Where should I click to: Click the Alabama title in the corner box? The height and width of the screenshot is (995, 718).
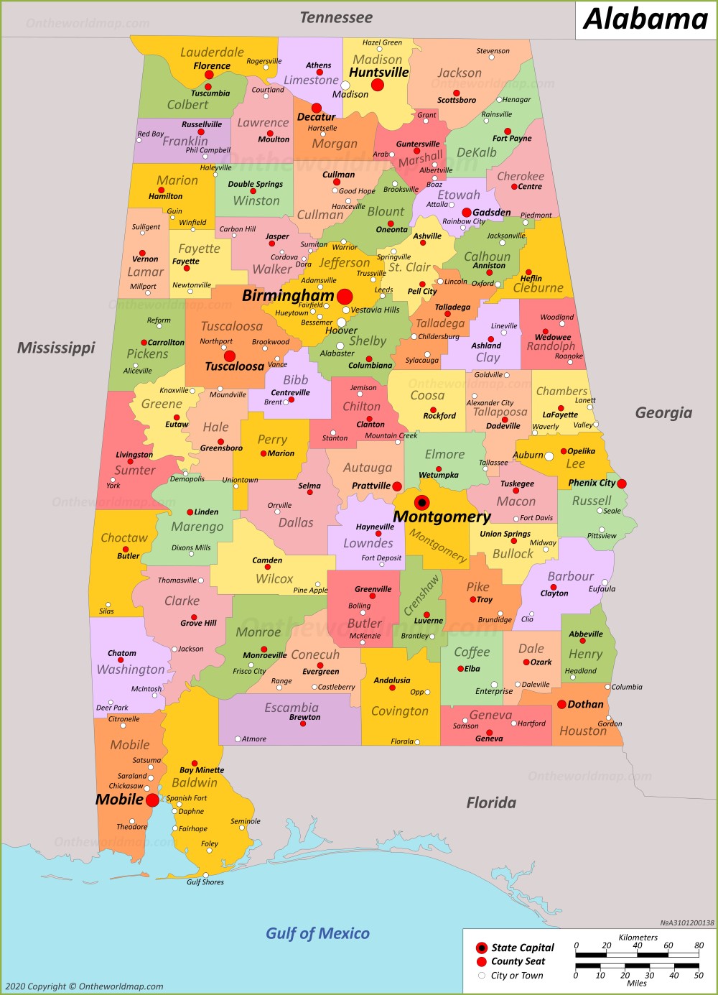tap(645, 19)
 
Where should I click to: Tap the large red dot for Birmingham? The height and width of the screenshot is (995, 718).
tap(345, 297)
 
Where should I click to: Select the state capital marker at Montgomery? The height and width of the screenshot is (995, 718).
tap(422, 503)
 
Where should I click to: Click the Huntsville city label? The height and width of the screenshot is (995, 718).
tap(378, 73)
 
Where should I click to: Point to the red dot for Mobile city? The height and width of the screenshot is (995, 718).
tap(152, 800)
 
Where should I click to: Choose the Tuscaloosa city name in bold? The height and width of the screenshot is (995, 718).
tap(235, 366)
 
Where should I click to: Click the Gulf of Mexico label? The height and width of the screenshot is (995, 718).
tap(317, 933)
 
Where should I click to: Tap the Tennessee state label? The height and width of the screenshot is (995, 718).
tap(336, 17)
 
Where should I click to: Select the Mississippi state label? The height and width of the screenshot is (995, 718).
tap(56, 348)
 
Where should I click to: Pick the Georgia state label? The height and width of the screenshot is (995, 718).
tap(663, 412)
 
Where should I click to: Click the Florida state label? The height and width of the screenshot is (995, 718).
tap(491, 802)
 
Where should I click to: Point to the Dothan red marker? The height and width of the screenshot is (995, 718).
tap(561, 704)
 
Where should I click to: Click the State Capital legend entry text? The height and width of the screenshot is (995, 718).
tap(523, 948)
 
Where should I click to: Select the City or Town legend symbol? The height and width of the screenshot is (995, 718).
tap(482, 976)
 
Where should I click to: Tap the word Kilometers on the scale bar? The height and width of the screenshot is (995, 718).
tap(638, 938)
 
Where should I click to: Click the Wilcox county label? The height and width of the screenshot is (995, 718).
tap(274, 578)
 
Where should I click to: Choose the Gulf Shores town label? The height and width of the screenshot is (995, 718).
tap(205, 881)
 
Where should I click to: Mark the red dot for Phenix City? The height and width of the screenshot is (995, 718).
tap(622, 483)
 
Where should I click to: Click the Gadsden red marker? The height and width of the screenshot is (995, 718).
tap(466, 213)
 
